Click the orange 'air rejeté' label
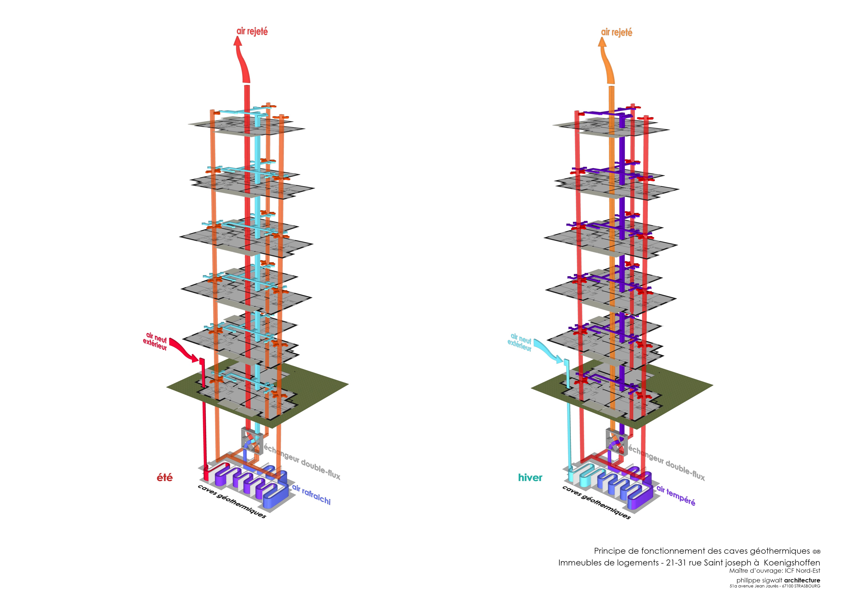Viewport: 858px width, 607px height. point(616,33)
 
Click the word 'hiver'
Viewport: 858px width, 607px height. point(530,478)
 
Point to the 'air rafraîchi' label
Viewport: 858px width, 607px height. point(311,494)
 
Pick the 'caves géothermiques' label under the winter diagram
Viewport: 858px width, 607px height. point(596,502)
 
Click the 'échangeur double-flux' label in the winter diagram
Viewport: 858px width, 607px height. point(667,462)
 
